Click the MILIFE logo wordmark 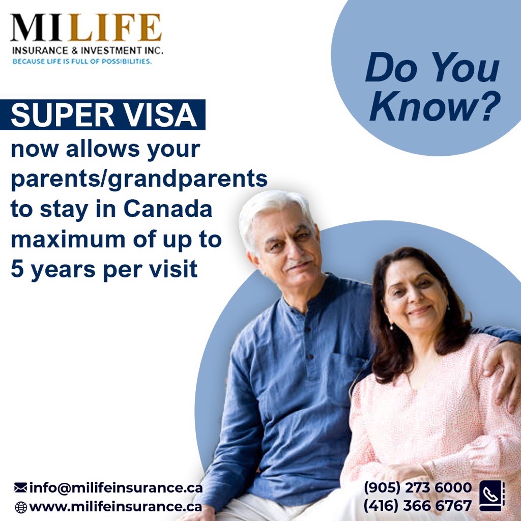(85, 28)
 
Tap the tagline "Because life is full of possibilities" (82, 62)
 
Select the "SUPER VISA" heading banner (104, 115)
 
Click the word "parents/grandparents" (139, 180)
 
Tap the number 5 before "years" (17, 270)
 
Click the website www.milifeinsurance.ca (115, 507)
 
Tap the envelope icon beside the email (20, 488)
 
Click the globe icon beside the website (20, 507)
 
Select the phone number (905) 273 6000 (417, 487)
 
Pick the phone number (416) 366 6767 (417, 506)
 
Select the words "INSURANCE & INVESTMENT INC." (87, 51)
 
